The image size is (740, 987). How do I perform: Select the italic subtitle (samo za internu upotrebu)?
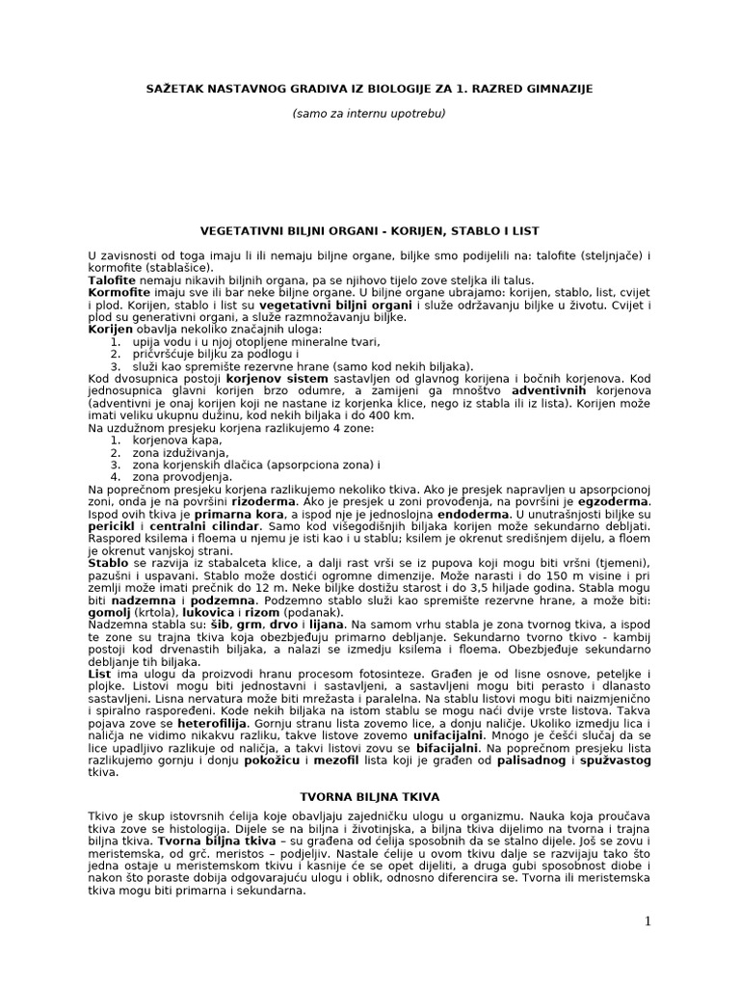tap(369, 114)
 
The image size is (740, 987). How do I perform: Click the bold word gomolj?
tap(110, 613)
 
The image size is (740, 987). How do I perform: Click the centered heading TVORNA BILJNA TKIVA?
tap(369, 798)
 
